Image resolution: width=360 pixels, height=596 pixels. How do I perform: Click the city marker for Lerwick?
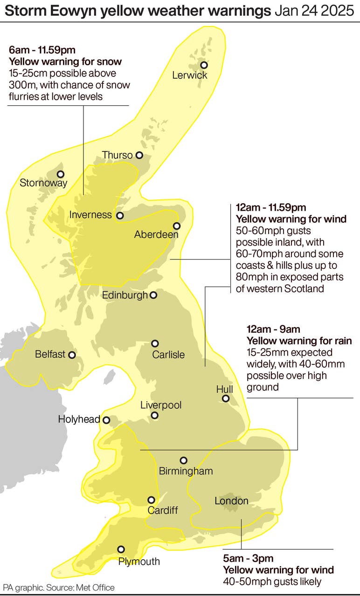(x=204, y=65)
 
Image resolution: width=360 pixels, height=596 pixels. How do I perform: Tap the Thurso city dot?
(x=139, y=155)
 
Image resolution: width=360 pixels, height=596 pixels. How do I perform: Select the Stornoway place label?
(x=43, y=183)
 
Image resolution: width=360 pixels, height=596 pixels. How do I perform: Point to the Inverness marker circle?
(x=120, y=216)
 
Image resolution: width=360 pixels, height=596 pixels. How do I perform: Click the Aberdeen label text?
(x=156, y=235)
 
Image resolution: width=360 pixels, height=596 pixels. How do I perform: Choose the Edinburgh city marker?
(x=153, y=295)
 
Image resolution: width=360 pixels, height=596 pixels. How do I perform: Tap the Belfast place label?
(x=50, y=355)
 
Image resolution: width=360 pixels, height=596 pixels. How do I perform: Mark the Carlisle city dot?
(x=155, y=343)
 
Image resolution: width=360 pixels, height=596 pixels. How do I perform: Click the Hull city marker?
(x=226, y=398)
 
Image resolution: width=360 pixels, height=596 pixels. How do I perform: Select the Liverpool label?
(x=161, y=405)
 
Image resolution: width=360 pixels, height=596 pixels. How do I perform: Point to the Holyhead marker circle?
(x=106, y=420)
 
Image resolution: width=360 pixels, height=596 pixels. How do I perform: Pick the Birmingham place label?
(x=186, y=471)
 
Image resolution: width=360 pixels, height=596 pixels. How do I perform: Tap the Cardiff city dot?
(x=151, y=500)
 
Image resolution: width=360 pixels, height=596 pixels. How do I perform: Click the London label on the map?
(x=231, y=501)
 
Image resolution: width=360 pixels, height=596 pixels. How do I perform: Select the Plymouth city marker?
(x=121, y=549)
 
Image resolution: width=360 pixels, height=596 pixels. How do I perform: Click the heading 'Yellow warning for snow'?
(x=65, y=62)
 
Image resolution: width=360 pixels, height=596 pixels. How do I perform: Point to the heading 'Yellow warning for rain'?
(x=299, y=341)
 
